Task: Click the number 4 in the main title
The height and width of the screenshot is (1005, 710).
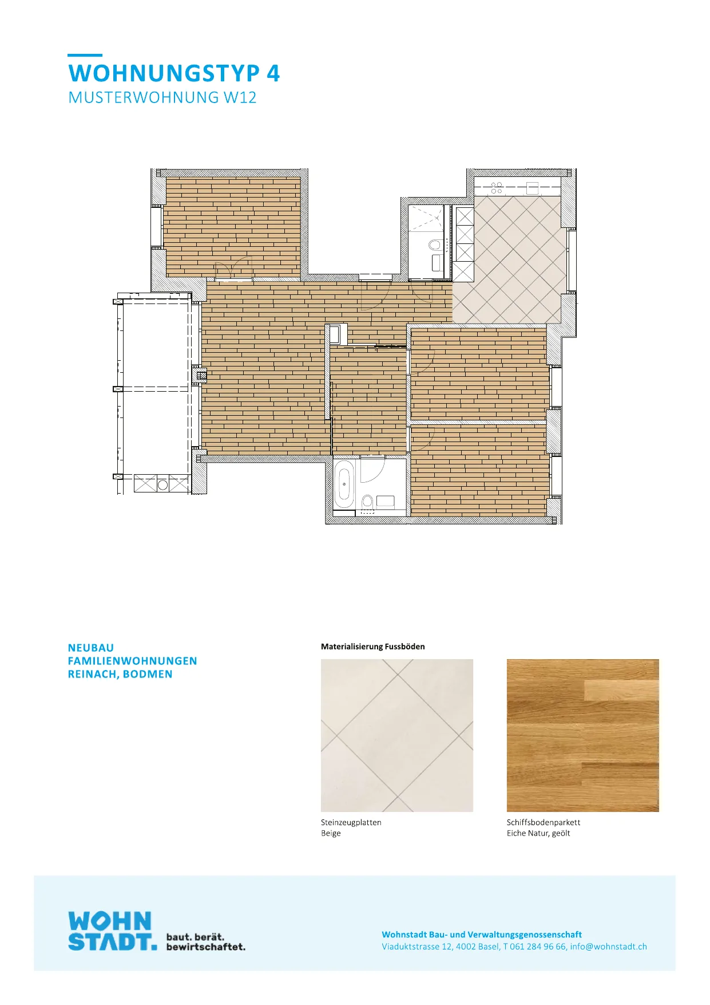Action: [273, 74]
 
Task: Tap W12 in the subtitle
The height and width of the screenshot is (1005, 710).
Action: [240, 97]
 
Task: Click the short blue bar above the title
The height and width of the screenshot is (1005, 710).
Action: [85, 55]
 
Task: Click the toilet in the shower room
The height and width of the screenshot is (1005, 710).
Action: [434, 246]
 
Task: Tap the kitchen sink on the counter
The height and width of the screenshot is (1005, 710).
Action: [533, 188]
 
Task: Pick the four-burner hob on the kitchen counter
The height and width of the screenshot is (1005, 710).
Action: [497, 188]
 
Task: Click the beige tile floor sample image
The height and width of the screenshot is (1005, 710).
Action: [397, 735]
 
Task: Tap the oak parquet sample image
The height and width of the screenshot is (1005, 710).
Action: [583, 735]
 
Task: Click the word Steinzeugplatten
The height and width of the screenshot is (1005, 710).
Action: [351, 822]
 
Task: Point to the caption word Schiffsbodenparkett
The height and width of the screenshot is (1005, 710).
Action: [544, 822]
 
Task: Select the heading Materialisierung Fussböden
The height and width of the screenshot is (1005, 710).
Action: [373, 647]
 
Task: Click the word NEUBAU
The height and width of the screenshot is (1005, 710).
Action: [91, 648]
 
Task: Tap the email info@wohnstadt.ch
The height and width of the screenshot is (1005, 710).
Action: [609, 947]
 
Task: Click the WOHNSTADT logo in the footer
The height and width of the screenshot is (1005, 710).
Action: [112, 932]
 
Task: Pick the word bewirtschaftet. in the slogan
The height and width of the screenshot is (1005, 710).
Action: [206, 947]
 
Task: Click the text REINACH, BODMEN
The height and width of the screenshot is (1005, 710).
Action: [120, 674]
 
